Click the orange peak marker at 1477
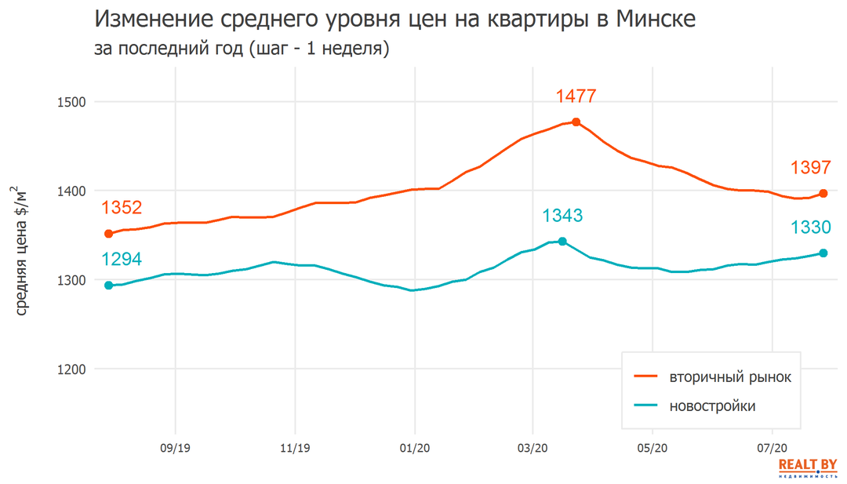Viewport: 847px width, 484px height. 576,122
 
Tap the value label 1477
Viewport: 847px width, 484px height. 576,96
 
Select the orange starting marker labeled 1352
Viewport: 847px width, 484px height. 109,234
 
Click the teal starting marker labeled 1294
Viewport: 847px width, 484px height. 109,286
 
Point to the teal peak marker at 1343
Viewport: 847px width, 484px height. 562,242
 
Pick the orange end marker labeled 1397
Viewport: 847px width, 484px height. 823,193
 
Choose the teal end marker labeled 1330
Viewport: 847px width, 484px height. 823,253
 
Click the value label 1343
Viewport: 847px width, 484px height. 562,216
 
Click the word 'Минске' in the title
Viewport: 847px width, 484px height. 656,19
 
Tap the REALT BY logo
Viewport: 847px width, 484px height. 807,468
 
